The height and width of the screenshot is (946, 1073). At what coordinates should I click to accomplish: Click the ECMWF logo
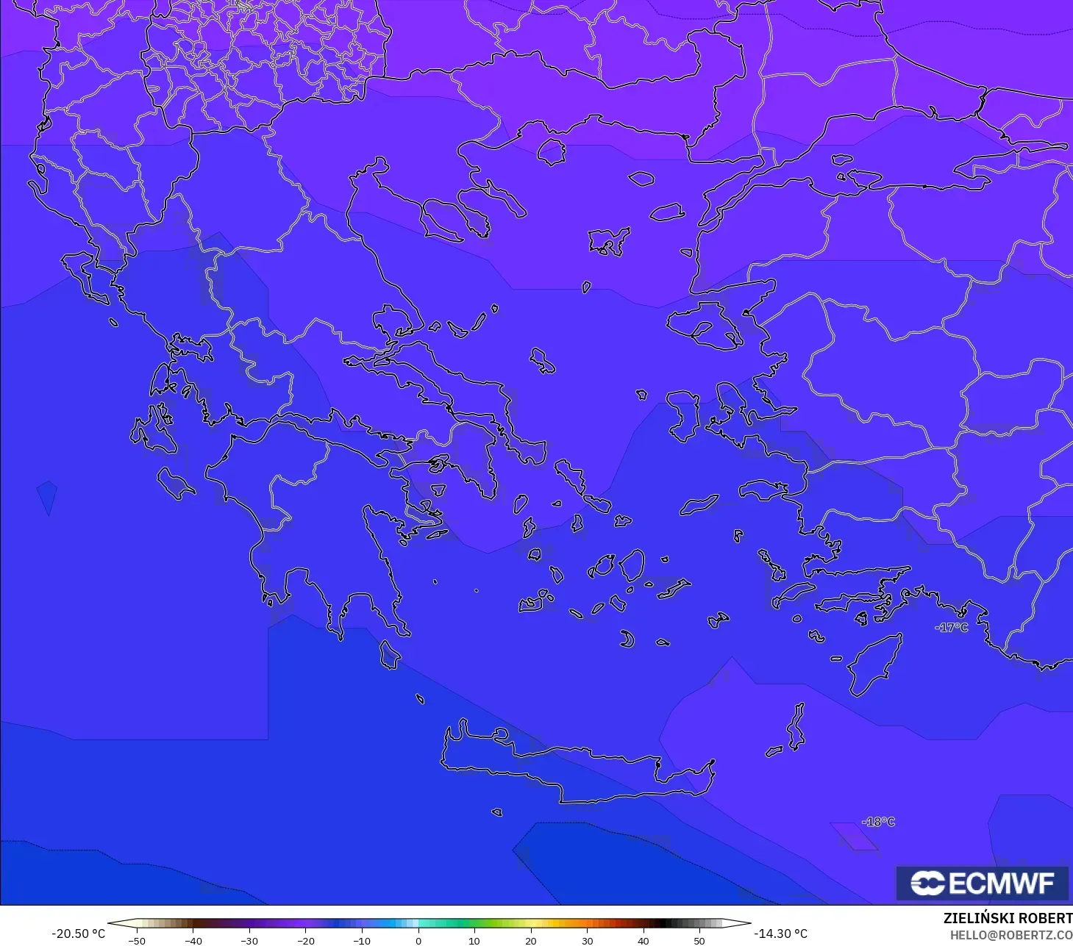point(981,883)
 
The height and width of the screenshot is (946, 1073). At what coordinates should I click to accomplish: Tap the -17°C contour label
point(951,628)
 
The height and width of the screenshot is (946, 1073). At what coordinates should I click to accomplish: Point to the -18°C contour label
point(878,822)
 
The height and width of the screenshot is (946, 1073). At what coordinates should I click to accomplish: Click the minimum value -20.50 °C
point(78,934)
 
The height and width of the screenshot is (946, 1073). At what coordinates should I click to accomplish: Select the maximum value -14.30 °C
point(780,934)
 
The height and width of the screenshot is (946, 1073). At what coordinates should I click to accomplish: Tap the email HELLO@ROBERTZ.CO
point(1010,935)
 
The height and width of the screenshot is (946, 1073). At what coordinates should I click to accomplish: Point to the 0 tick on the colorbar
point(418,941)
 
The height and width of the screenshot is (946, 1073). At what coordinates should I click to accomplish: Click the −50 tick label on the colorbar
point(136,941)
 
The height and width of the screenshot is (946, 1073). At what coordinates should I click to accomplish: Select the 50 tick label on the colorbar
point(699,941)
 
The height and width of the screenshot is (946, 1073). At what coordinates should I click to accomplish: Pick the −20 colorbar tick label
point(305,941)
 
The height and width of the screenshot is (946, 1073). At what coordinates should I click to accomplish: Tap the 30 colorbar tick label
point(587,941)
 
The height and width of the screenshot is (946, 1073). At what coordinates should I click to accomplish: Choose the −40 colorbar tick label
point(193,941)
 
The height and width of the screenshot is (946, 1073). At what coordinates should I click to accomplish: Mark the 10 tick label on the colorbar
point(474,941)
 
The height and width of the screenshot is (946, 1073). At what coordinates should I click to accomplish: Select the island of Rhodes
point(875,665)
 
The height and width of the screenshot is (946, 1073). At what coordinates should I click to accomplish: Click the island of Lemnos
point(607,240)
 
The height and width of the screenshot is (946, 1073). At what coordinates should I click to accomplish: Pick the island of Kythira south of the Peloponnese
point(389,655)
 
